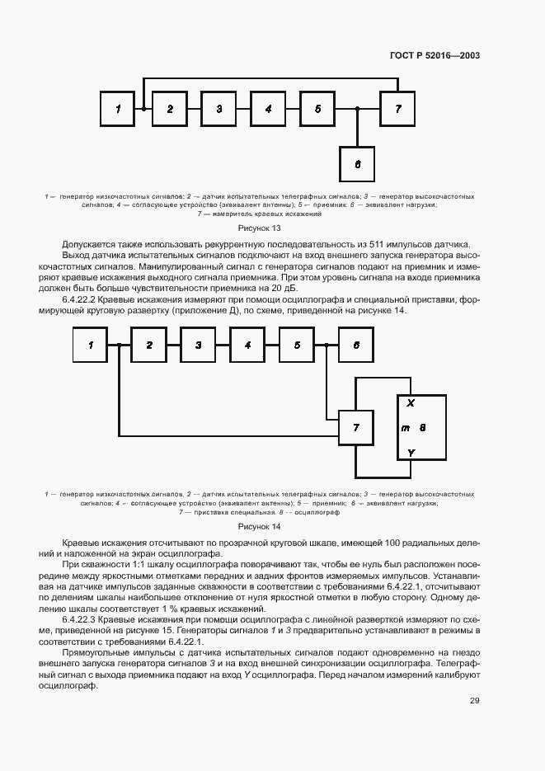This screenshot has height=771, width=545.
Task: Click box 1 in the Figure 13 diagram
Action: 119,109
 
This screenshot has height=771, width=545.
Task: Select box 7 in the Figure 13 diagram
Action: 398,109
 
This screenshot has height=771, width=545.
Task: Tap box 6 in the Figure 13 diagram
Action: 357,164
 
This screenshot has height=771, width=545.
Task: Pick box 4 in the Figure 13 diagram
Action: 268,109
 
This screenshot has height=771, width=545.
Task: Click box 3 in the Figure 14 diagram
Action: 198,345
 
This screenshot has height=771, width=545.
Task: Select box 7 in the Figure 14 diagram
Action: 355,427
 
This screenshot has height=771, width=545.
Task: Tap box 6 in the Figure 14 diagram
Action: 355,345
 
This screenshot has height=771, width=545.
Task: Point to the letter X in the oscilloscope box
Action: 411,402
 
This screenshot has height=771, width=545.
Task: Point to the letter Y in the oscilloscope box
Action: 411,453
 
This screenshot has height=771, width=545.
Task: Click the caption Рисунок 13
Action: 259,228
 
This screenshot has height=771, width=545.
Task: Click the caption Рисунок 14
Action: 259,526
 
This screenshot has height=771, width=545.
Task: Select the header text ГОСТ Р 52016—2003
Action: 435,56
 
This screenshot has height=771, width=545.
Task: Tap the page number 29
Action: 474,701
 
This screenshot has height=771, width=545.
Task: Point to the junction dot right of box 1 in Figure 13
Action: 143,109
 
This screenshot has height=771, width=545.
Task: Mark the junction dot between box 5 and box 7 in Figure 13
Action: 357,109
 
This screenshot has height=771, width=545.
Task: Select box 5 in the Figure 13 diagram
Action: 317,109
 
